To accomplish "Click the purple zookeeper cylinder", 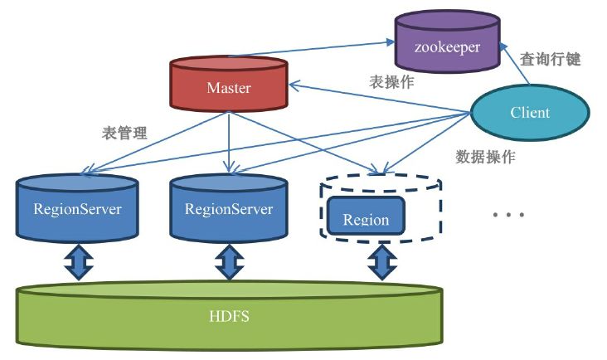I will point(447,46).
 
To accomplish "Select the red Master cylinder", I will point(228,85).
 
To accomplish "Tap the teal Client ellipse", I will point(530,112).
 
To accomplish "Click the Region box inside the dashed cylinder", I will point(366,219).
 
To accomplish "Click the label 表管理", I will point(124,132).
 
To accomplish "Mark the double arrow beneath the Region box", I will point(381,261).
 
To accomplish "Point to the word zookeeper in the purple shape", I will point(447,47).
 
